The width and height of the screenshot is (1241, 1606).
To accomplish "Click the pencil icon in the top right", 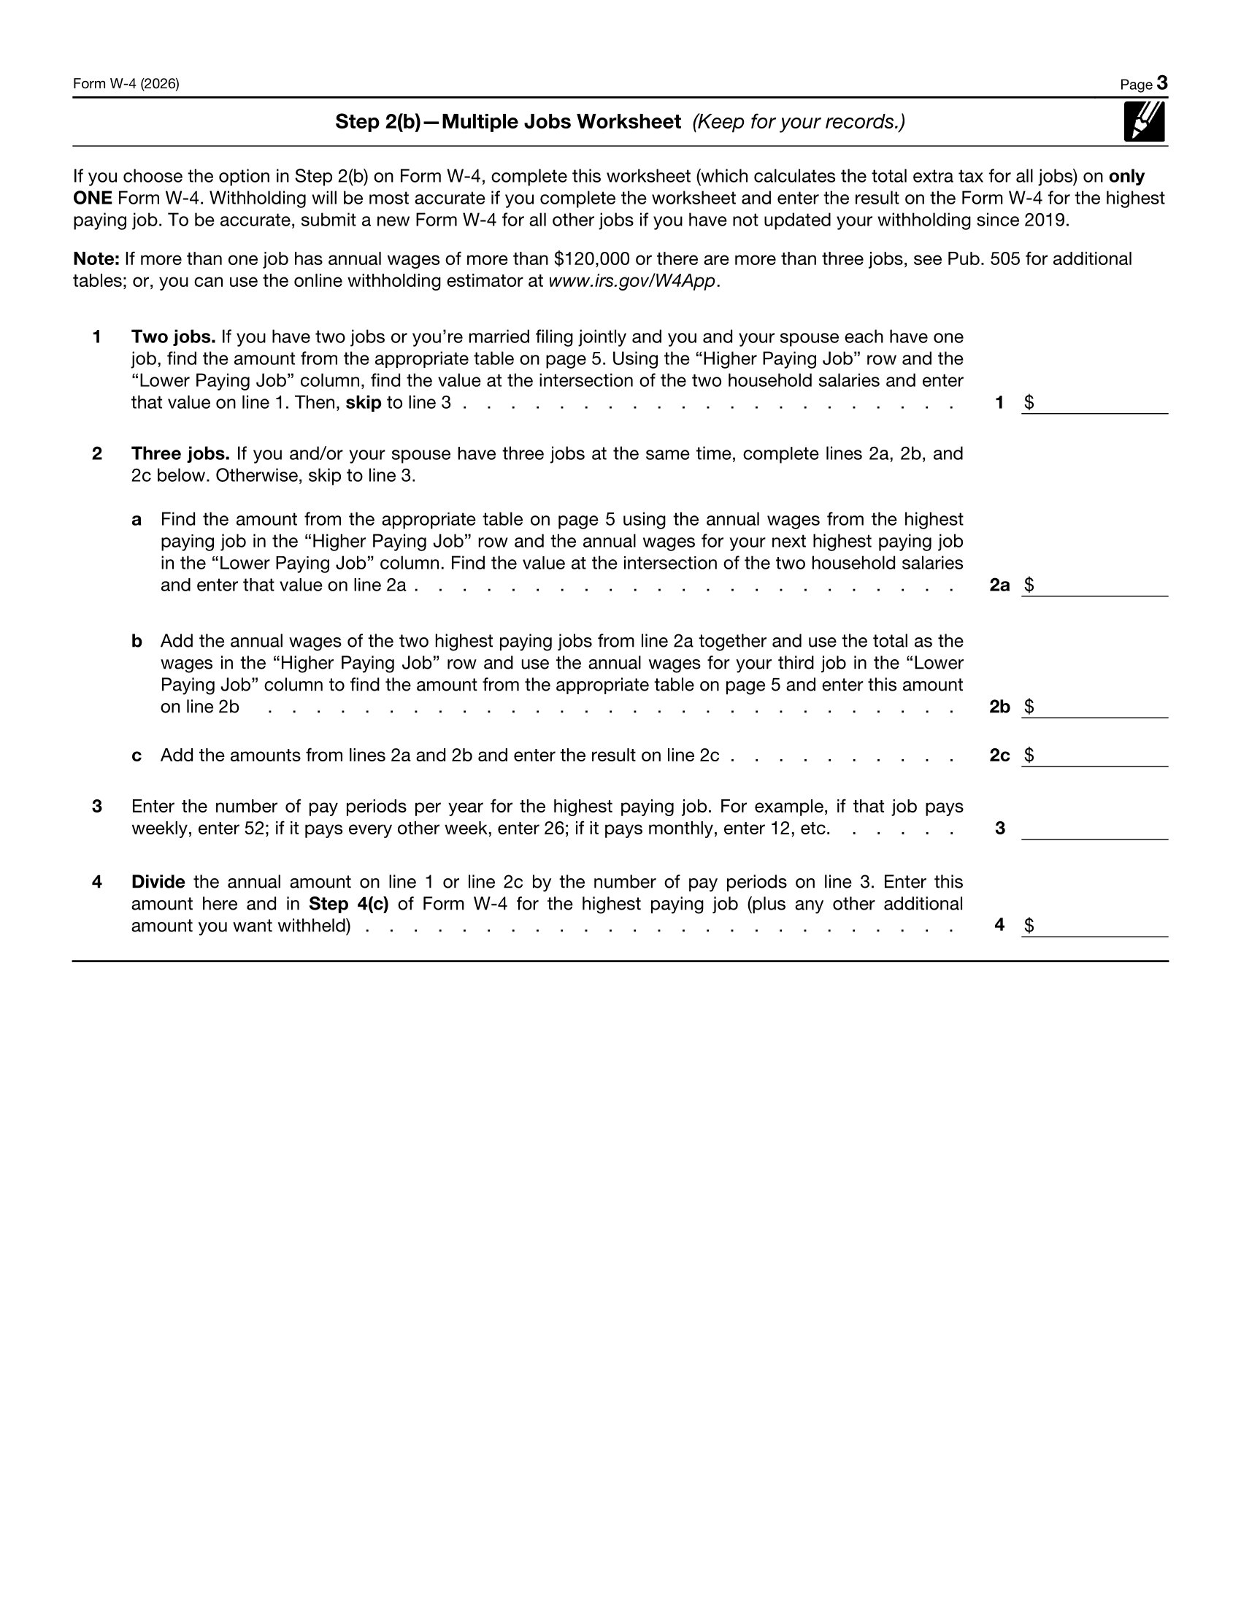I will [1144, 122].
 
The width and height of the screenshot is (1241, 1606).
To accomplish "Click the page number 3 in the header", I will [1161, 82].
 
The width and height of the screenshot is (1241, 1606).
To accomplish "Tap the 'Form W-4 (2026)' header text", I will [126, 84].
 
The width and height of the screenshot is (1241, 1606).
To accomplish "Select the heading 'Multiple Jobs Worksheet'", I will [561, 122].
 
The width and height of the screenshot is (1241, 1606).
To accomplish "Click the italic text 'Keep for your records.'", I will [799, 122].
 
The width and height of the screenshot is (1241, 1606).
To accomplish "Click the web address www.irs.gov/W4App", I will [631, 281].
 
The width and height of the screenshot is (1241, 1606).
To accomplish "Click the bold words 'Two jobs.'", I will [173, 337].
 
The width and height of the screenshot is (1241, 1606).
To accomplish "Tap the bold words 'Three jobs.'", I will [180, 454].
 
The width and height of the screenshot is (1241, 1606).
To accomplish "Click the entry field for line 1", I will [1102, 402].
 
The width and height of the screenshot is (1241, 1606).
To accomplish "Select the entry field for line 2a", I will [1102, 585].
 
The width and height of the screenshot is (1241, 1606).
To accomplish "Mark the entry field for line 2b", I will [1102, 707].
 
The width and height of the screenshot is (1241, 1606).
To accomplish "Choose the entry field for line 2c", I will [1102, 756].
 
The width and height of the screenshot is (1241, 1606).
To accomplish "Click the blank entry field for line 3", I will [1094, 828].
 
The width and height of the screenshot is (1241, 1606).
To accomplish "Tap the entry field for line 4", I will [1102, 925].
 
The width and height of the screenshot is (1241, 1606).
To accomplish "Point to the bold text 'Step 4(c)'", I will [348, 904].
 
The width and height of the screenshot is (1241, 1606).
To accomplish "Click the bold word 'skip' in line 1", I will [364, 403].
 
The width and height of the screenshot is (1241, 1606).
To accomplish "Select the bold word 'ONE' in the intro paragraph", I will [93, 199].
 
